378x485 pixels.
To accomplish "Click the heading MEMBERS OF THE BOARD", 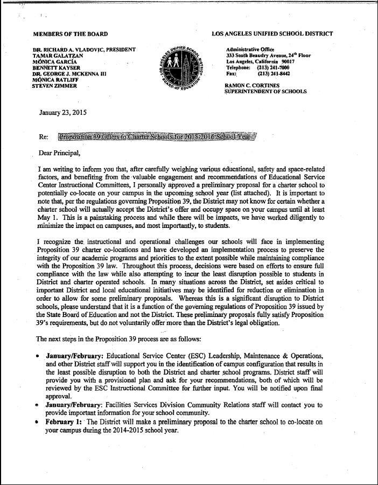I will click(x=70, y=34).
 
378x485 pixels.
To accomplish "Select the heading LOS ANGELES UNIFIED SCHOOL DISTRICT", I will click(x=272, y=34).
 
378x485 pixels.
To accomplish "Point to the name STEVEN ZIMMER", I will click(x=54, y=86).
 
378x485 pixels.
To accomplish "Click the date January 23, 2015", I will click(x=63, y=113).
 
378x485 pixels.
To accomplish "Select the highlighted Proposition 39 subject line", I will click(x=157, y=137).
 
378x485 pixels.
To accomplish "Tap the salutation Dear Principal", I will click(x=60, y=153).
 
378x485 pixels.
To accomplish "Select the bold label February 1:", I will click(x=64, y=422).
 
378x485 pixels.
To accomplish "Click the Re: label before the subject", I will click(x=44, y=137).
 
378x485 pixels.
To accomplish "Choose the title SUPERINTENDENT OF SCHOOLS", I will click(x=265, y=92).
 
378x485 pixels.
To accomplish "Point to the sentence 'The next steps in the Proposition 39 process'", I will click(x=118, y=339).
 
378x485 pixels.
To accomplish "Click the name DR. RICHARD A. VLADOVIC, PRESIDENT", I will click(x=83, y=50).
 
